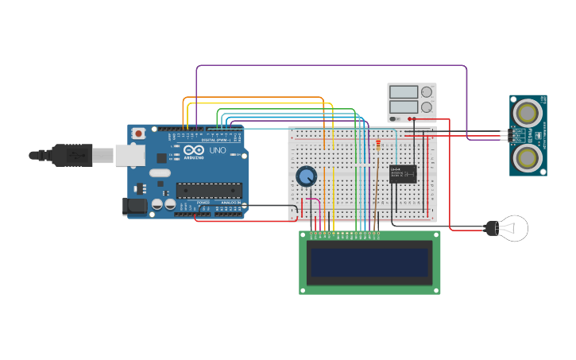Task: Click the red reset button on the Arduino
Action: pos(139,134)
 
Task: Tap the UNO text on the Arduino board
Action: pos(217,150)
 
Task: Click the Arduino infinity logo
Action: pos(194,150)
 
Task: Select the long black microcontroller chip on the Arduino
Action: pos(209,190)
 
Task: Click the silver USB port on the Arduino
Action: pos(130,155)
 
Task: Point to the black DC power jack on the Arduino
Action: pos(134,207)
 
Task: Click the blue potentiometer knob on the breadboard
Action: pos(306,176)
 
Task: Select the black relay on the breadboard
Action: pos(403,174)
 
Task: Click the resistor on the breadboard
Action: pos(377,145)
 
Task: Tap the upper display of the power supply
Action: pos(404,92)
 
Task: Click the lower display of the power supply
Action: pos(404,106)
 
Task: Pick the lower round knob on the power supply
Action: pos(427,106)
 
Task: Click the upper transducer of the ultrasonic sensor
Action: pos(527,113)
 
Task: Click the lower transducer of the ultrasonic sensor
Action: pos(527,157)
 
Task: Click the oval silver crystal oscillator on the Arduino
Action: pos(160,173)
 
